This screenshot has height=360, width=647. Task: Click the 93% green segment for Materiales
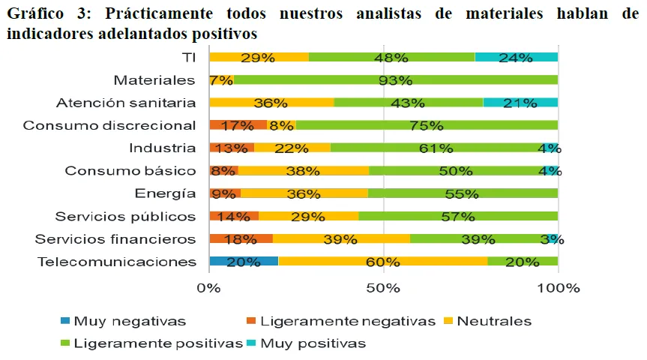(x=395, y=80)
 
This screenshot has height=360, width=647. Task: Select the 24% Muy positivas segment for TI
(x=517, y=57)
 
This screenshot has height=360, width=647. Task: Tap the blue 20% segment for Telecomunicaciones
(x=244, y=262)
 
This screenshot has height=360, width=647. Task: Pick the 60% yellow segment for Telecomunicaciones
(x=382, y=262)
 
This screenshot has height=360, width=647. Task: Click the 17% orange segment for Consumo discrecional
(x=238, y=125)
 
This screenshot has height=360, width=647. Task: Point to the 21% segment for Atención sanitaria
(x=520, y=103)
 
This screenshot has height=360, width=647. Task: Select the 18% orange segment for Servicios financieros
(x=241, y=239)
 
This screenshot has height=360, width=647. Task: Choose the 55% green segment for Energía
(x=463, y=193)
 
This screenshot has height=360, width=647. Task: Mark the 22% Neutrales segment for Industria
(x=292, y=148)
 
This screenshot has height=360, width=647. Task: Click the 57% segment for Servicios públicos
(x=458, y=216)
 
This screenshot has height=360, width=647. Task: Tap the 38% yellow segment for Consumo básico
(x=303, y=171)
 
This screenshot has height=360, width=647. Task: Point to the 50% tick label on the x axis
(x=383, y=288)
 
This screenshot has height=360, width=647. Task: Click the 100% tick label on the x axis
(x=558, y=288)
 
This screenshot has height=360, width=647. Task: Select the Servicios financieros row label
(x=115, y=239)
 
